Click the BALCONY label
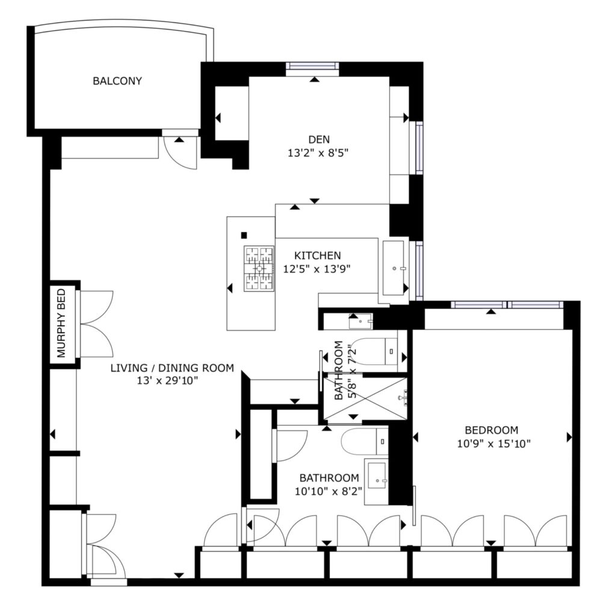(117, 81)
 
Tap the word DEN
(319, 140)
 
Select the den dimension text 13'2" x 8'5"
(318, 153)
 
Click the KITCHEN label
(318, 255)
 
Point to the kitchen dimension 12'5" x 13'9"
(316, 269)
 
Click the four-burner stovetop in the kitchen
(259, 269)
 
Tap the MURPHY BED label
(61, 323)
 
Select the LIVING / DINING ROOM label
(172, 368)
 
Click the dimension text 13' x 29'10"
(167, 381)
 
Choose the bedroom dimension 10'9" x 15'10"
(494, 444)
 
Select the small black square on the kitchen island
(244, 235)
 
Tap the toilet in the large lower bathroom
(365, 441)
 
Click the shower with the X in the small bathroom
(365, 398)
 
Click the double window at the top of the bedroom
(507, 305)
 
